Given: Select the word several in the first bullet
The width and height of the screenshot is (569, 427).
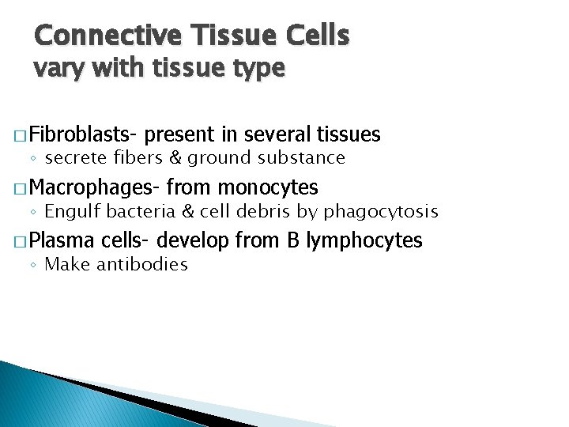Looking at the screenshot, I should tap(277, 134).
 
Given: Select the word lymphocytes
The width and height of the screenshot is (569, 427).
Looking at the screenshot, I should tap(363, 240).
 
